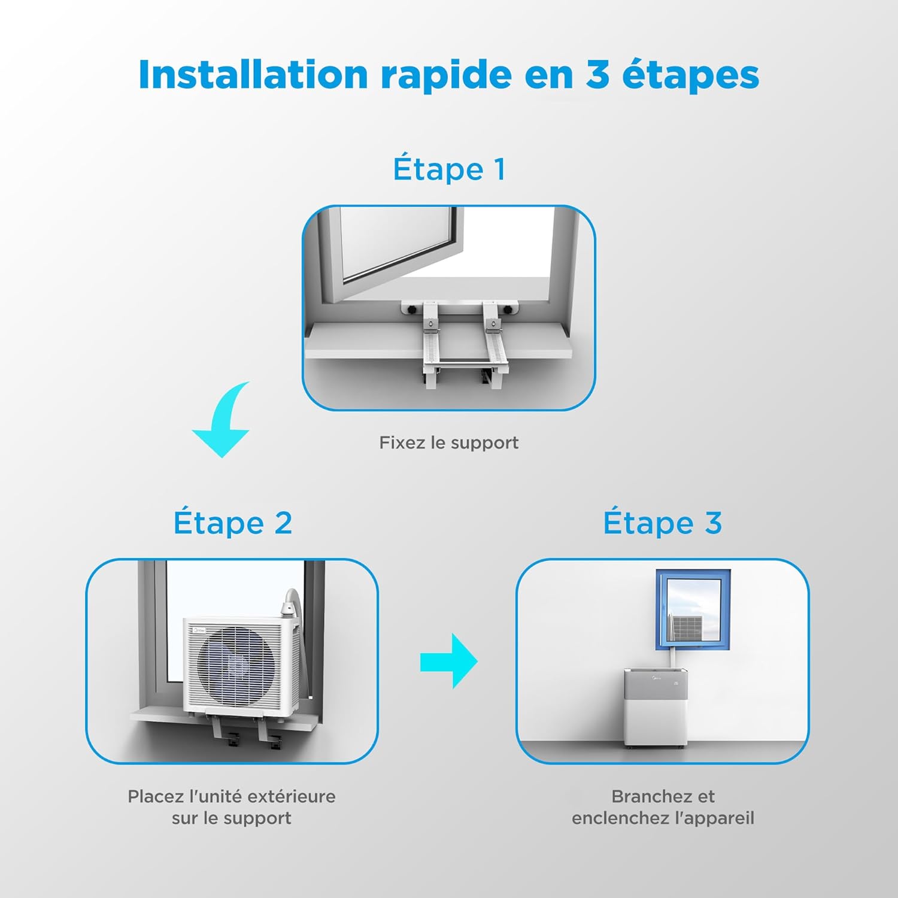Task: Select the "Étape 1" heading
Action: tap(449, 169)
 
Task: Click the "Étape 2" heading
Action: tap(233, 523)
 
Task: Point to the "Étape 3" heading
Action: tap(662, 523)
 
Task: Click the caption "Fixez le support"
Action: tap(449, 443)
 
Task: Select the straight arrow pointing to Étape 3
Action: tap(449, 661)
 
